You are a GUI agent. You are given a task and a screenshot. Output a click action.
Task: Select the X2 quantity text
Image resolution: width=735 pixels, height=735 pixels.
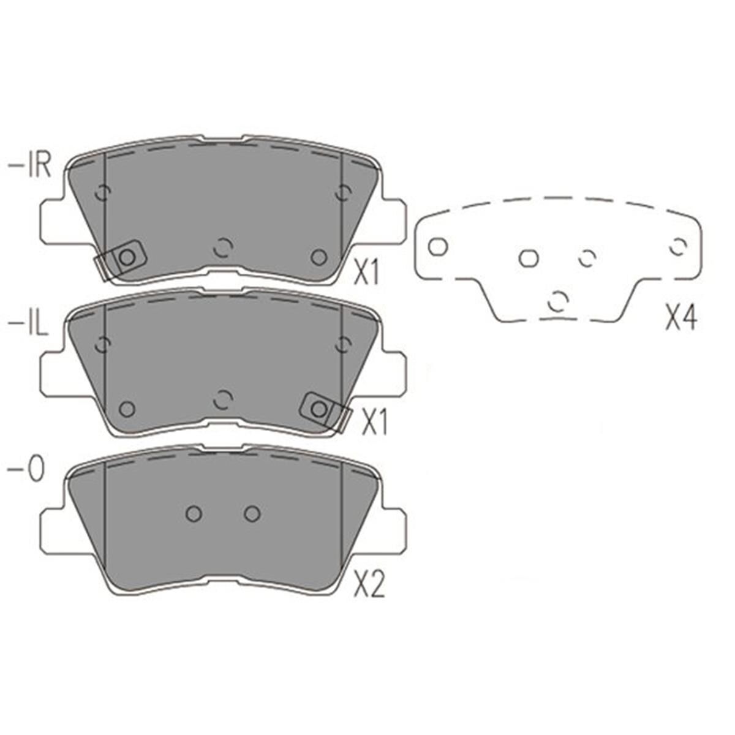click(x=369, y=586)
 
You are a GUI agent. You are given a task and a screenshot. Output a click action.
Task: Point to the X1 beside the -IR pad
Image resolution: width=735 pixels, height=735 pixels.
click(x=367, y=274)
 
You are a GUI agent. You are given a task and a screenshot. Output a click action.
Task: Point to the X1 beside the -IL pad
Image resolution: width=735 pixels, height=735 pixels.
click(x=374, y=423)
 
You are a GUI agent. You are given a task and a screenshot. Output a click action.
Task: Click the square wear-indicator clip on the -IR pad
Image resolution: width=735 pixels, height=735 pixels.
click(x=127, y=257)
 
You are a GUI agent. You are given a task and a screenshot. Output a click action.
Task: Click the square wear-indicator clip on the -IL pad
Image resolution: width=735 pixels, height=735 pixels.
click(x=318, y=409)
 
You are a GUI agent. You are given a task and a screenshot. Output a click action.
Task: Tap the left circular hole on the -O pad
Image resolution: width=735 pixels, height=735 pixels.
click(x=194, y=513)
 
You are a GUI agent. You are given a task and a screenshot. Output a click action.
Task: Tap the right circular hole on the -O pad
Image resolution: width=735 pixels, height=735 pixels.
click(x=252, y=513)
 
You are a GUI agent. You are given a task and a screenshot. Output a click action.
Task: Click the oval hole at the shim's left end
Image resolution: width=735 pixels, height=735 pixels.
click(x=437, y=247)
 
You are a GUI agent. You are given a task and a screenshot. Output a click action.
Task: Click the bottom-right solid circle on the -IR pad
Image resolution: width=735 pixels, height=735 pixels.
click(x=318, y=257)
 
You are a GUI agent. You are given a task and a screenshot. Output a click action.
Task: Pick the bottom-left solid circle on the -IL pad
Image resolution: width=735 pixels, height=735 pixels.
click(x=127, y=409)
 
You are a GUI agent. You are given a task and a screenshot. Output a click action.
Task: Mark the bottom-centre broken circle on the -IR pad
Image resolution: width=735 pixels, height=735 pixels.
click(x=223, y=247)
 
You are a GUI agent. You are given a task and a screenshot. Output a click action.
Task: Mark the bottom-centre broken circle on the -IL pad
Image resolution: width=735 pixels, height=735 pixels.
click(x=223, y=400)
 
